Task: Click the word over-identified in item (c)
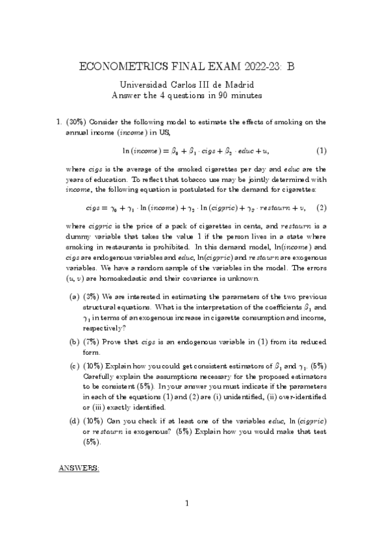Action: click(x=303, y=397)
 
